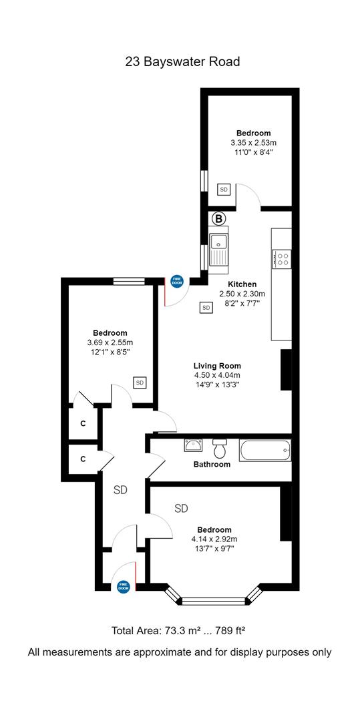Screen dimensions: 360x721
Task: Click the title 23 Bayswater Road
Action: point(182,61)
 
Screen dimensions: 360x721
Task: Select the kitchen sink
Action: point(218,249)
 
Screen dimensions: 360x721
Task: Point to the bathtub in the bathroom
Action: point(265,451)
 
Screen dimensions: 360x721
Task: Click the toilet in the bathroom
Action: point(220,448)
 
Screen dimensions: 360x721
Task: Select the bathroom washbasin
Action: point(194,445)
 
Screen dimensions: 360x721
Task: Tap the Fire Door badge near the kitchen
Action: point(177,281)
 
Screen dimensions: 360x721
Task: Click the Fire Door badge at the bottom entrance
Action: point(123,586)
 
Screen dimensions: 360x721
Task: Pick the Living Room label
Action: point(217,366)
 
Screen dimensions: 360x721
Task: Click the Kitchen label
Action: point(242,284)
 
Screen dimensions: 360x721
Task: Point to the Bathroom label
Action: point(212,465)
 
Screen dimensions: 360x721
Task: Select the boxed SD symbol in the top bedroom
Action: point(224,189)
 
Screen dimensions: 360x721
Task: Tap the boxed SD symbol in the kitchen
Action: point(206,307)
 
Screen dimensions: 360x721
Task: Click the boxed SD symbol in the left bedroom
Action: point(140,382)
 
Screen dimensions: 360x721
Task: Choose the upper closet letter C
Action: point(83,424)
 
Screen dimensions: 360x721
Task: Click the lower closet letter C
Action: point(83,459)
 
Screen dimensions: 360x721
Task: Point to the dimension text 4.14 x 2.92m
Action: point(214,539)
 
